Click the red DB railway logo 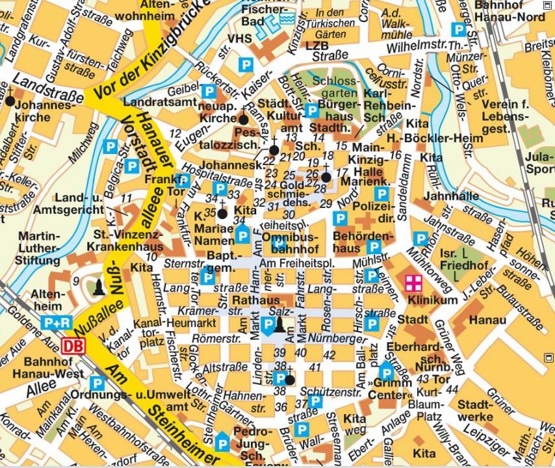pyautogui.click(x=74, y=346)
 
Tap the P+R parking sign pyautogui.click(x=57, y=322)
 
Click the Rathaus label pyautogui.click(x=255, y=300)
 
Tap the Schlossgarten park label pyautogui.click(x=335, y=88)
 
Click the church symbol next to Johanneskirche pyautogui.click(x=10, y=100)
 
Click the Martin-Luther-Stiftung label pyautogui.click(x=39, y=248)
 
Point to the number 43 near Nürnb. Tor pyautogui.click(x=423, y=379)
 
